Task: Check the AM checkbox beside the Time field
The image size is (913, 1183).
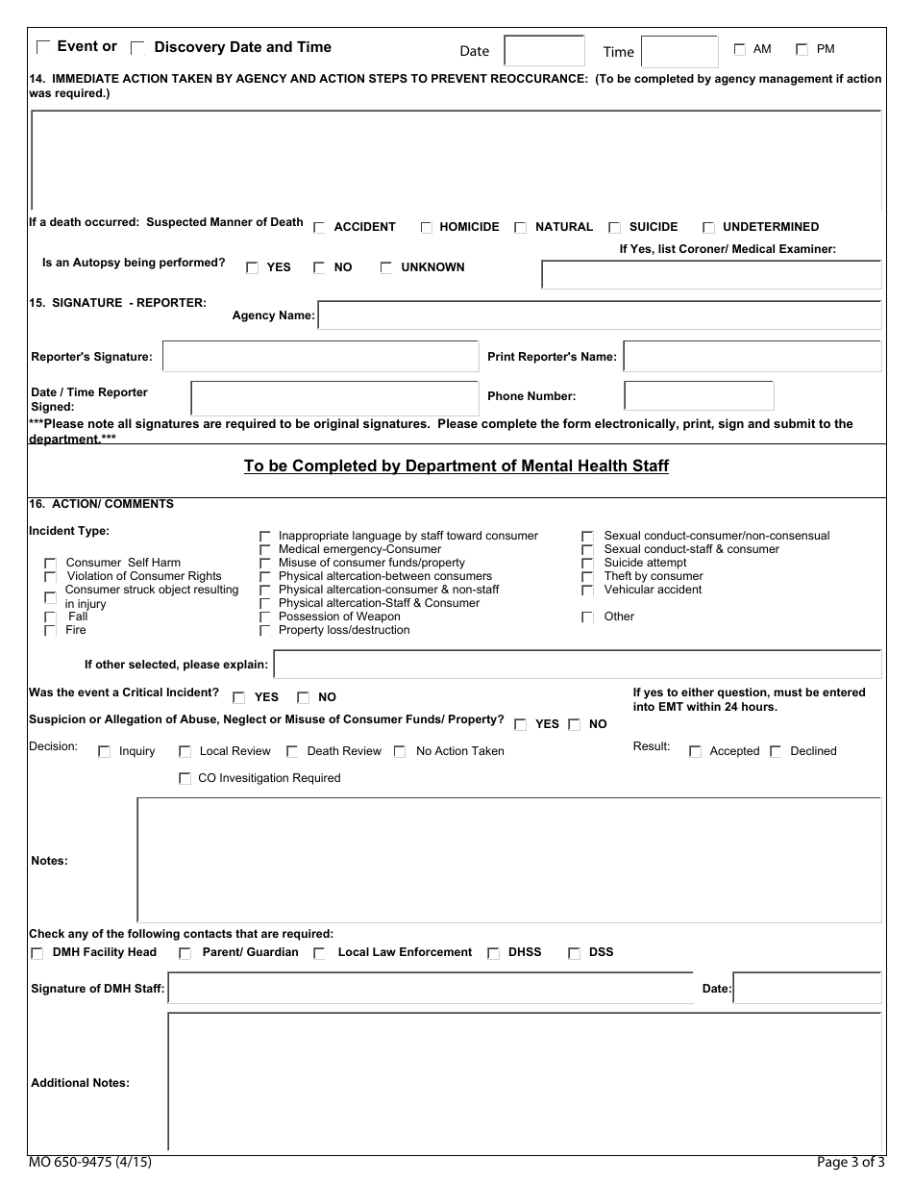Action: pos(739,49)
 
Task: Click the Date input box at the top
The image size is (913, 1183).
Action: pos(544,51)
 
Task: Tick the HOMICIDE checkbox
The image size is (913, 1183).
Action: pos(427,228)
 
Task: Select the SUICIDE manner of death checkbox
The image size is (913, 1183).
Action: pos(615,228)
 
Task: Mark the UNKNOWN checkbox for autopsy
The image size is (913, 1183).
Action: pos(386,268)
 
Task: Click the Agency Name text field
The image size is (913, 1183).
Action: pos(599,315)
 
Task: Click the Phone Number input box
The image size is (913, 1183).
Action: pos(699,396)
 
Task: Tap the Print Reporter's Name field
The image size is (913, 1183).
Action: pos(752,357)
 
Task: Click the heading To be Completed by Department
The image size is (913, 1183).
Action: pos(456,466)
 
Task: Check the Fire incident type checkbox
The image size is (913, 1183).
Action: pos(50,631)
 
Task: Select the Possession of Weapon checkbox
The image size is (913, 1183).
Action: pos(265,617)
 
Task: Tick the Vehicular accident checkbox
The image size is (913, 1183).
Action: pos(587,591)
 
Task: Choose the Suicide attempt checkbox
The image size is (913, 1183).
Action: pos(587,564)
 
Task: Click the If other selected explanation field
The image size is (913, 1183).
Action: pos(577,665)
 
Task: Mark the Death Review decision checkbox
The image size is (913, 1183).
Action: pos(293,752)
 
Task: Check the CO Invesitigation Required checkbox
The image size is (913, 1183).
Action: pos(185,779)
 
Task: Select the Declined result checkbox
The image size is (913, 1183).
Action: pos(776,752)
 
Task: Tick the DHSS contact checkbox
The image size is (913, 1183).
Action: pos(493,954)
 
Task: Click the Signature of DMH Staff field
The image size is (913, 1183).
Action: pos(430,989)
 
